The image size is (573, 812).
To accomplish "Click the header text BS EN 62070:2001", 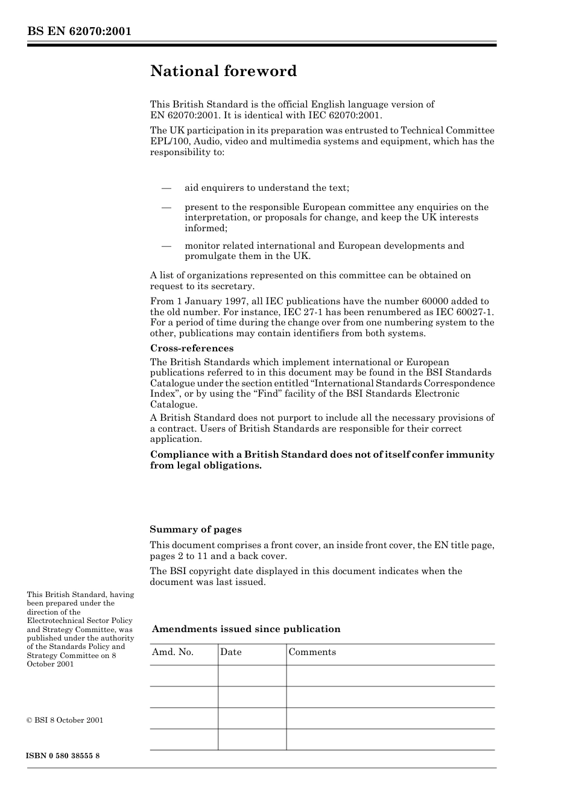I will (x=79, y=31).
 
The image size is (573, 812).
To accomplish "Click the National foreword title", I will (x=223, y=71).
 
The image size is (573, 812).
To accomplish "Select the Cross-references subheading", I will (x=191, y=348).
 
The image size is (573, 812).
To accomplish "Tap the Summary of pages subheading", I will (x=195, y=529).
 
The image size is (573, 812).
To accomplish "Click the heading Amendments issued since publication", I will (x=246, y=629).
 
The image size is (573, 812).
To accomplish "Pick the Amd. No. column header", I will (x=173, y=652).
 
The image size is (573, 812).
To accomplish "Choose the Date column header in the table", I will (x=230, y=652).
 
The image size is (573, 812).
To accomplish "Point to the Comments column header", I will (x=312, y=652).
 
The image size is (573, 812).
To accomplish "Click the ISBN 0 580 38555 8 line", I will (x=63, y=756).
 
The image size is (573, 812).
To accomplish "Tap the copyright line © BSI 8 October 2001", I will (x=65, y=720).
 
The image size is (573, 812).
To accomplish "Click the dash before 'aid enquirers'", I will (x=166, y=188).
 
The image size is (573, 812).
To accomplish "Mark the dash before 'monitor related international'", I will (x=166, y=246).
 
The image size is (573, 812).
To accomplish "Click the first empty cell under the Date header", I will (x=252, y=676).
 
